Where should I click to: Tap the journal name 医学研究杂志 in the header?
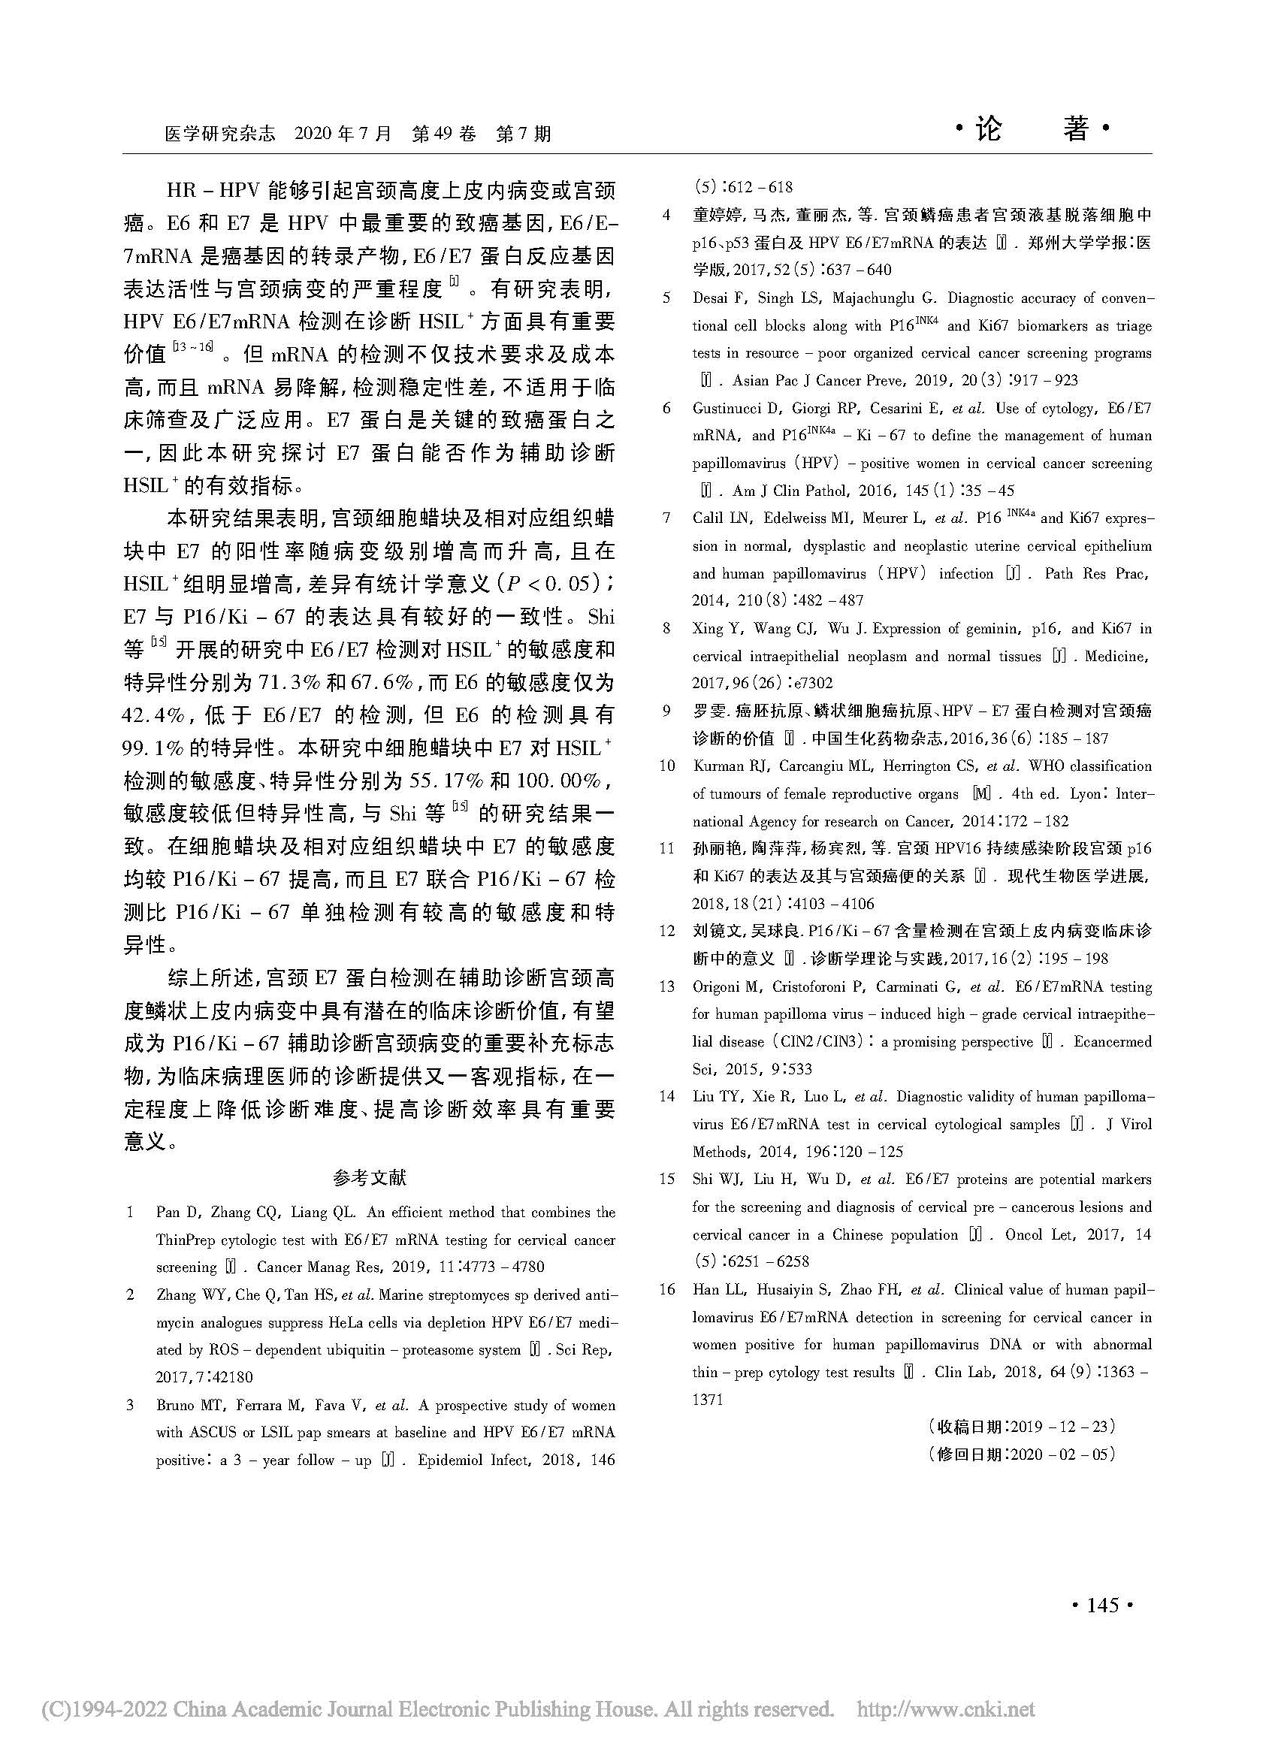tap(220, 134)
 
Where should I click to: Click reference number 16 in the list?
tap(667, 1289)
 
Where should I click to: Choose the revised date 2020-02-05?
tap(1059, 1454)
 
